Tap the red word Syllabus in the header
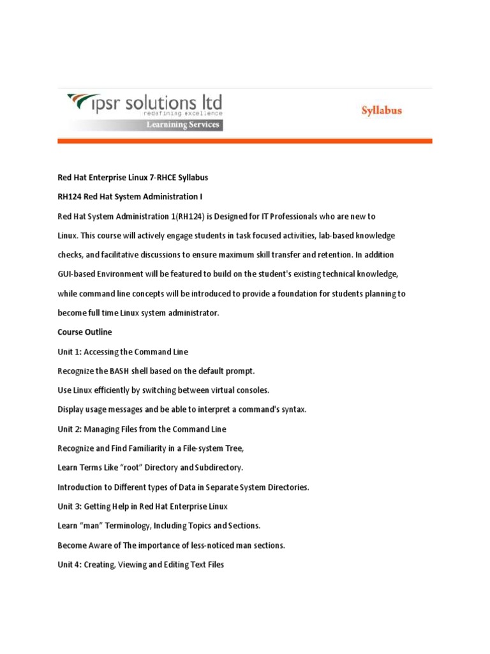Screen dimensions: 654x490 (382, 110)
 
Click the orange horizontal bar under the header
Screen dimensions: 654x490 (245, 141)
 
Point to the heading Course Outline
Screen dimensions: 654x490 (84, 332)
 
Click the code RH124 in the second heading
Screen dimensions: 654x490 (70, 196)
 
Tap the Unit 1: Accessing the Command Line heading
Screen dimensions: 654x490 (122, 352)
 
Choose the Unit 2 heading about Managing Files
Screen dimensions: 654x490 (142, 429)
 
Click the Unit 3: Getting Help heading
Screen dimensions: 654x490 (142, 506)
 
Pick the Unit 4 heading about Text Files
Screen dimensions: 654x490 (140, 565)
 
